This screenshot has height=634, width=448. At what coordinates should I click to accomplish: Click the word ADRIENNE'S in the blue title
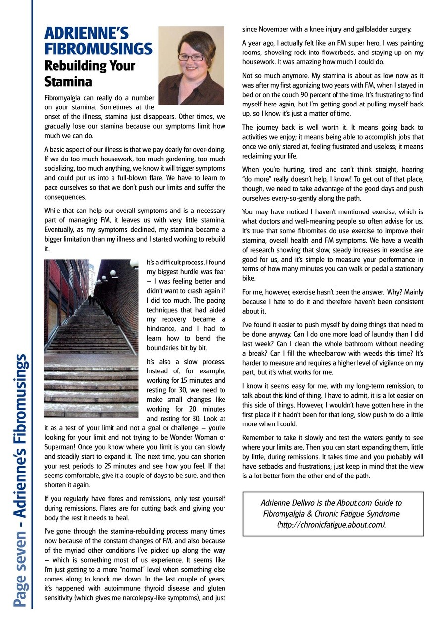pyautogui.click(x=86, y=33)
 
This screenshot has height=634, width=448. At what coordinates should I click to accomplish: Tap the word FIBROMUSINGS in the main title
pyautogui.click(x=98, y=49)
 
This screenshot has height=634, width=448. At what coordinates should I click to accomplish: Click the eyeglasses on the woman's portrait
pyautogui.click(x=191, y=57)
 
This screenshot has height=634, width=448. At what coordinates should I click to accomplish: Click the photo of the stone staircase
pyautogui.click(x=91, y=337)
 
